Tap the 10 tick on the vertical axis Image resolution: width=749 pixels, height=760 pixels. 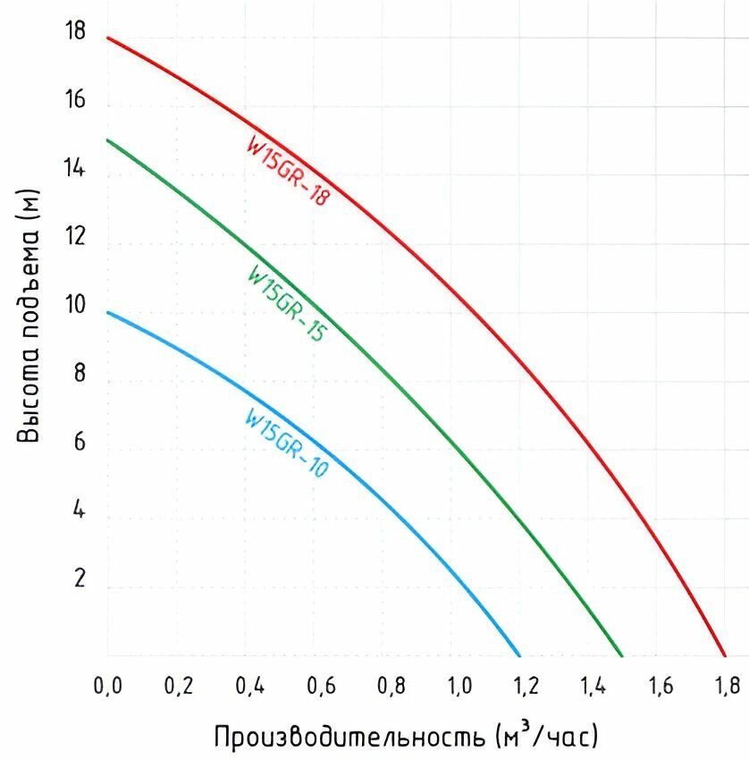click(x=75, y=306)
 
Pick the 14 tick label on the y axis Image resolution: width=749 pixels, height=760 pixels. click(x=75, y=168)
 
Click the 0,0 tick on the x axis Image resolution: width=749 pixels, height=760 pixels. click(x=108, y=686)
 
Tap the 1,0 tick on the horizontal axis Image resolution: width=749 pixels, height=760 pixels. click(x=459, y=686)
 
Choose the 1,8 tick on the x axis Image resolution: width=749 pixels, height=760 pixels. click(x=727, y=686)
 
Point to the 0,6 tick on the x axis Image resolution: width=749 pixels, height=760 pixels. click(x=322, y=686)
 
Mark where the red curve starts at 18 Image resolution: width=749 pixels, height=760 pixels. click(x=108, y=38)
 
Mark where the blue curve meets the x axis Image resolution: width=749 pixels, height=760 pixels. click(x=519, y=654)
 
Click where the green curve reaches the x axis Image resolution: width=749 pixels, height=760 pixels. click(x=621, y=654)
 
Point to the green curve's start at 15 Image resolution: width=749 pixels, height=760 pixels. click(x=108, y=139)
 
